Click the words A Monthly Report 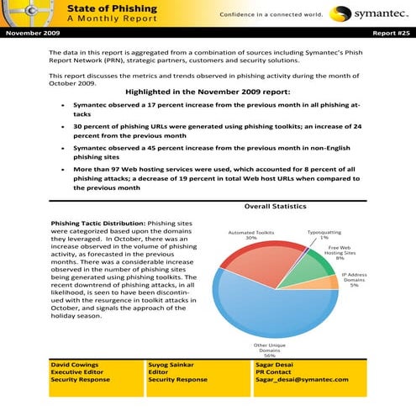click(x=101, y=19)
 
